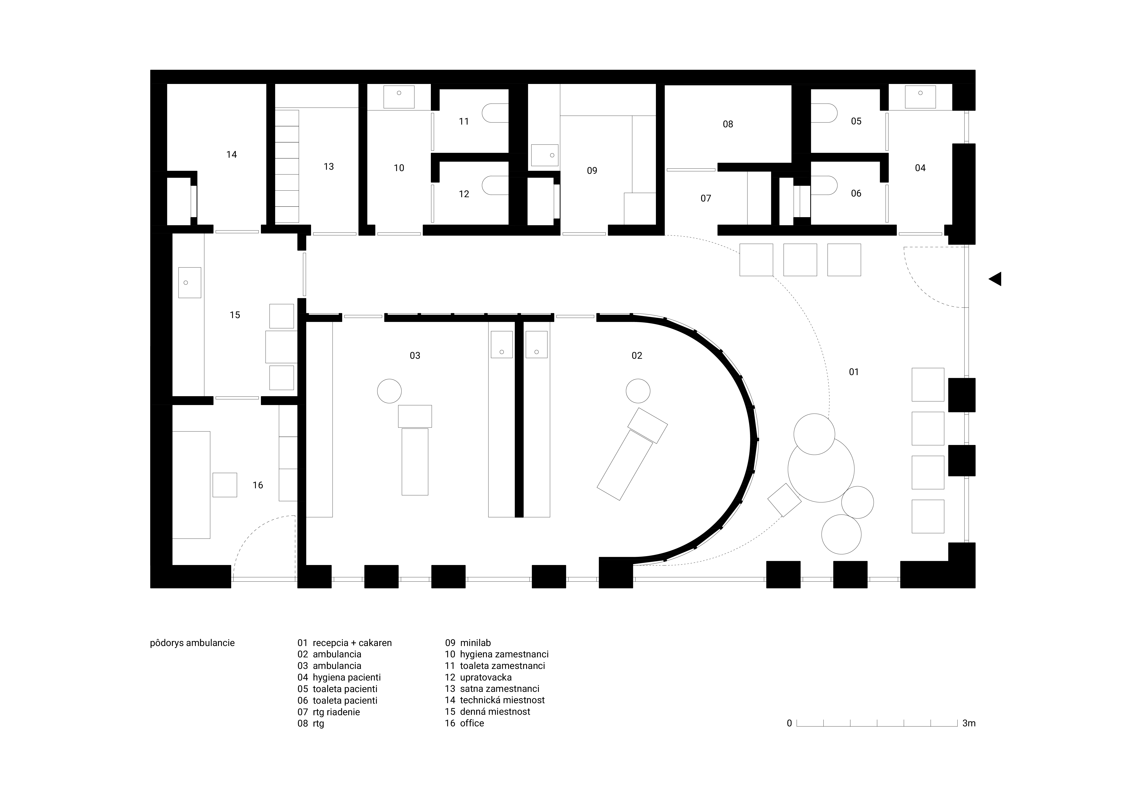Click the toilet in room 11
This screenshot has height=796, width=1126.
point(495,113)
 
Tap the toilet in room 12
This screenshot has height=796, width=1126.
point(495,185)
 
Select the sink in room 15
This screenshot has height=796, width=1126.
point(189,283)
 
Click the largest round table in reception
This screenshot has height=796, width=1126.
point(821,469)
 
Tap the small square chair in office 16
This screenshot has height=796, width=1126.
point(225,485)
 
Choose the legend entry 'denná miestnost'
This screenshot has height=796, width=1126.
point(495,712)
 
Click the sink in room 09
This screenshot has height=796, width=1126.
point(544,155)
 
